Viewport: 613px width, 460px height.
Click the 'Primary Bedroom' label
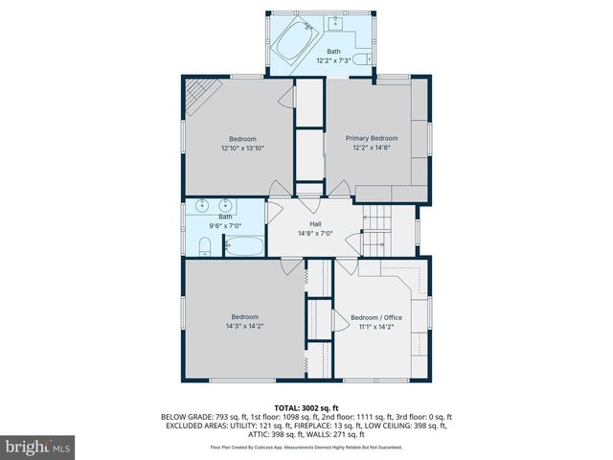pyautogui.click(x=372, y=138)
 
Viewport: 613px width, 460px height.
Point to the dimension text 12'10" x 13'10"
pyautogui.click(x=242, y=149)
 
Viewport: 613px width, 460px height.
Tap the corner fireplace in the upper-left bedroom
pyautogui.click(x=201, y=94)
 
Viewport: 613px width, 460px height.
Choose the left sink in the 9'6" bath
pyautogui.click(x=203, y=205)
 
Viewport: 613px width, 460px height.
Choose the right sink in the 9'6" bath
pyautogui.click(x=226, y=205)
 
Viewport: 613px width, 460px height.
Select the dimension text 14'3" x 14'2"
pyautogui.click(x=244, y=326)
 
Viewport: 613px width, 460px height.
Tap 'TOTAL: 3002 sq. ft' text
pyautogui.click(x=306, y=407)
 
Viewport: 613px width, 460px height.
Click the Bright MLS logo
pyautogui.click(x=38, y=447)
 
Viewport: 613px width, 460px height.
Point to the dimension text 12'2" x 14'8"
pyautogui.click(x=372, y=148)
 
